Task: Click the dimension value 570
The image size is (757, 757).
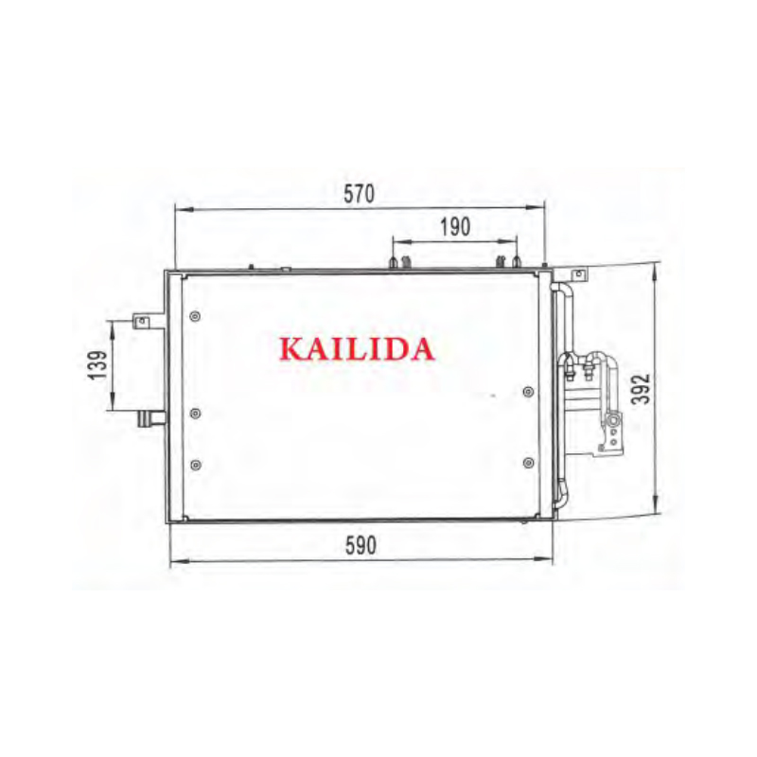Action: pos(359,194)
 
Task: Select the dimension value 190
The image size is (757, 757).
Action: pos(455,227)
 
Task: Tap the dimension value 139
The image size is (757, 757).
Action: pos(97,364)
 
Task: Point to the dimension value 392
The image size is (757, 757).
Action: pos(642,389)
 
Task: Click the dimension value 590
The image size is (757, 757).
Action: pos(361,546)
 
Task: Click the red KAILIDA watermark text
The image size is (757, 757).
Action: pos(357,349)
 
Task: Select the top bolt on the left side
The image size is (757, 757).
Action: pos(196,317)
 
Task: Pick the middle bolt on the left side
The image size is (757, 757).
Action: pos(196,414)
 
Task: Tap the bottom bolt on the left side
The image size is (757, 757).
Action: pos(196,465)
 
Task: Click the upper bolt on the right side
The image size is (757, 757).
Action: pos(529,392)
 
